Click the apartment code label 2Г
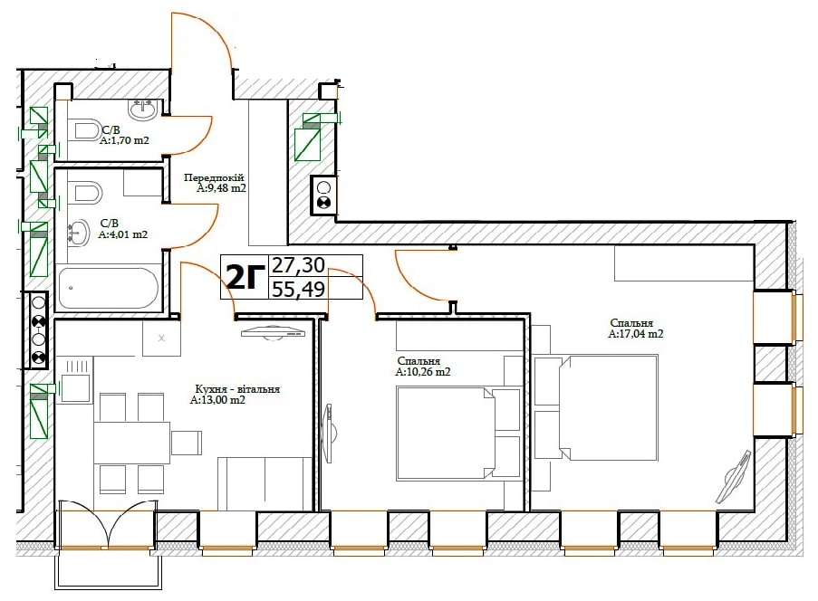pos(245,277)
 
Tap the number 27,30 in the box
pos(298,265)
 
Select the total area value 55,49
pos(298,288)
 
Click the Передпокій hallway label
pos(214,177)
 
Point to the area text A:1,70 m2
pos(125,140)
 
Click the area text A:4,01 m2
pos(123,234)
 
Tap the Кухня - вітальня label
pos(237,389)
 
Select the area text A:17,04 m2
pos(635,334)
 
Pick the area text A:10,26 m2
pos(422,372)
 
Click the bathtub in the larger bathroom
pos(108,288)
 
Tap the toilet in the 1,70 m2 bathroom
pos(87,129)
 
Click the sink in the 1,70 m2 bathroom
pos(142,110)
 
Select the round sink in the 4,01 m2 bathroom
pos(78,233)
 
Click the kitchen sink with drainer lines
pos(76,380)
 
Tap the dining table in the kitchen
pos(132,443)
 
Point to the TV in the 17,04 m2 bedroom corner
pos(734,476)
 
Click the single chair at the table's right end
pos(187,443)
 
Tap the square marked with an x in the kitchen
pos(162,338)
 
